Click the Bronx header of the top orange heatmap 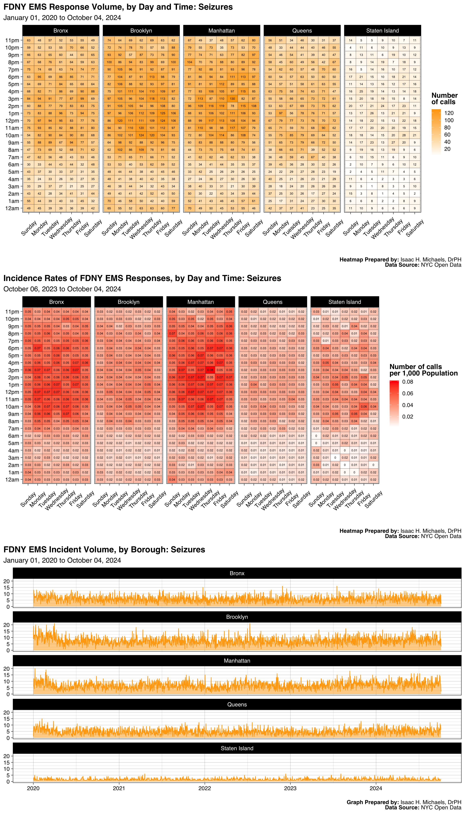tap(61, 31)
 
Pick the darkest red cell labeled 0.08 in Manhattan tap(210, 370)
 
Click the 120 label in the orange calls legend tap(449, 113)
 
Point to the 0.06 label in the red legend tap(407, 393)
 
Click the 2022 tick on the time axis tap(204, 788)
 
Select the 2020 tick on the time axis tap(33, 788)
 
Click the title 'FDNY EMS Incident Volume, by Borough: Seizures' tap(104, 550)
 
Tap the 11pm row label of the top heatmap tap(12, 40)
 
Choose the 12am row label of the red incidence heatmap tap(12, 479)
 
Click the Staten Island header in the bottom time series tap(237, 748)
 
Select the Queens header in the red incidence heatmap tap(272, 302)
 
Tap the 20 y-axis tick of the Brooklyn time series tap(6, 625)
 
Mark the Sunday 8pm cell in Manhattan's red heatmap tap(172, 334)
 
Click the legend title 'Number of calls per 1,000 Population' tap(423, 370)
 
